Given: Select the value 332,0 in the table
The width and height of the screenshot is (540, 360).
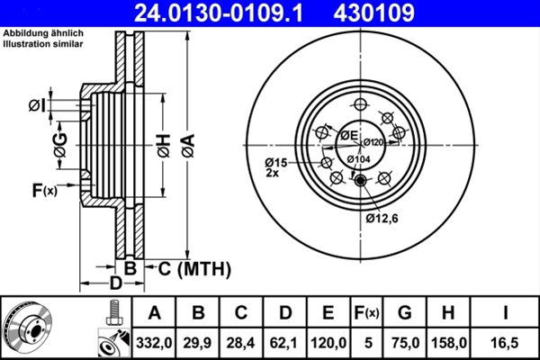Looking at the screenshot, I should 154,343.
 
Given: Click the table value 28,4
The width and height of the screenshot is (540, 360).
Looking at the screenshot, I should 241,343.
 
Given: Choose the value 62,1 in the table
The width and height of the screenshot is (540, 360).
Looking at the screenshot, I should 284,343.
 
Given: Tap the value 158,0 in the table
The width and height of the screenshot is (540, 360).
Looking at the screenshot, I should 450,343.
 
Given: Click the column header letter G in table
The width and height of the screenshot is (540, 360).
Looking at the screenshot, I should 405,313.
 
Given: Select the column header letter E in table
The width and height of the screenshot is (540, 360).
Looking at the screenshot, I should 328,313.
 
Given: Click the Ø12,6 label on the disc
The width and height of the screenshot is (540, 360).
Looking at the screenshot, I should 382,218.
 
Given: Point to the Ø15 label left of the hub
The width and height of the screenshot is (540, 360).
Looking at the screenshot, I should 275,163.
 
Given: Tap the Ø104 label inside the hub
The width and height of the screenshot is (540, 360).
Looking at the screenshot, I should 358,159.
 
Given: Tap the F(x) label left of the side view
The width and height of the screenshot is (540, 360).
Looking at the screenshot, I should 44,190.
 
